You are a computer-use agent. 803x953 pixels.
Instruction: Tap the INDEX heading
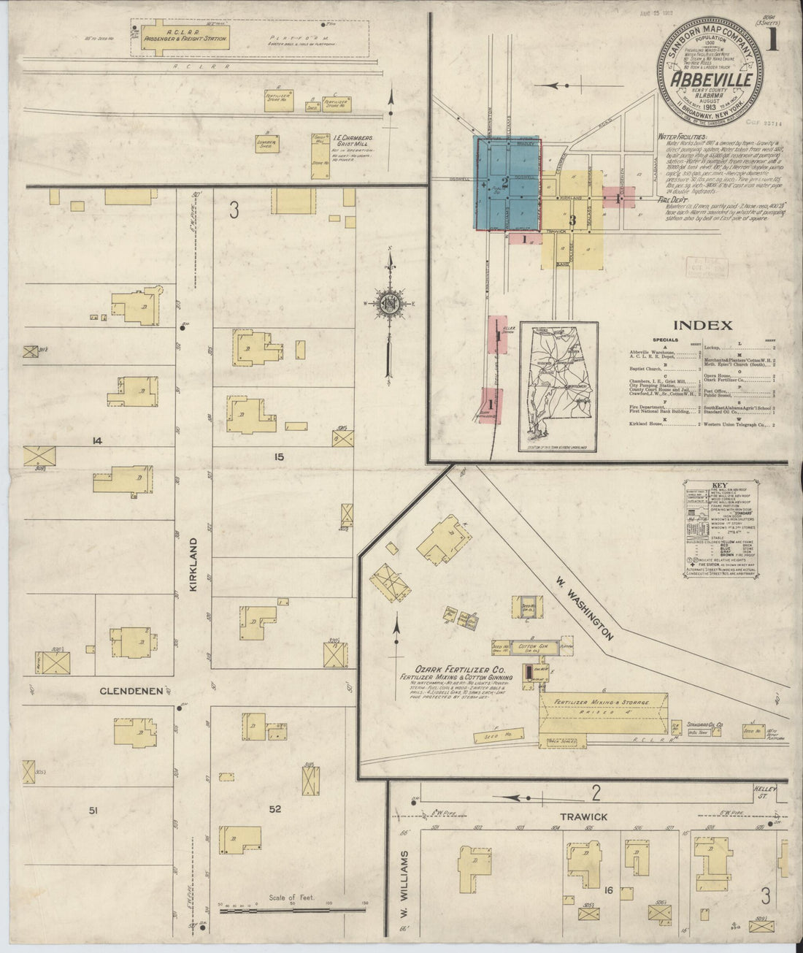point(702,326)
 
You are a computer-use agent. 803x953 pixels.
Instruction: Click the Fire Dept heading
point(672,199)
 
